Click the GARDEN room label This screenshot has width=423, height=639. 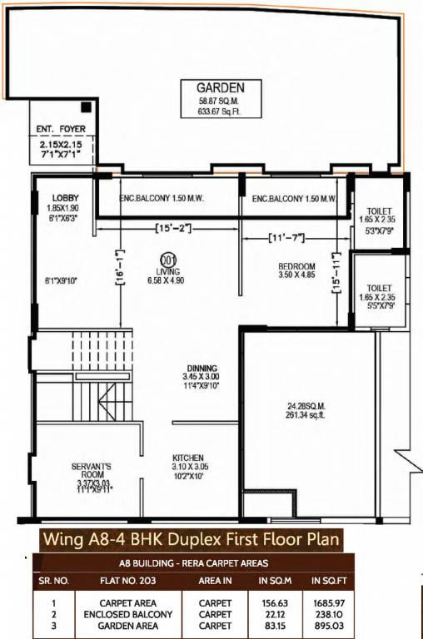(220, 87)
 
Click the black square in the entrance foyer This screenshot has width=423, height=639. (86, 108)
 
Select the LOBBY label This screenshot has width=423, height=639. (65, 198)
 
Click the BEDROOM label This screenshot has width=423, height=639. (296, 267)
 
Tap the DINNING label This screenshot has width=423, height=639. (202, 369)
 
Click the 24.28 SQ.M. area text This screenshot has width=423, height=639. (303, 407)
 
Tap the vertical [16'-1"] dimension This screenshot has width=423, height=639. (122, 269)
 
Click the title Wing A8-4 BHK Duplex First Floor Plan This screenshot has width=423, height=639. (191, 538)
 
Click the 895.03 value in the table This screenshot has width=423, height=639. (327, 626)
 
